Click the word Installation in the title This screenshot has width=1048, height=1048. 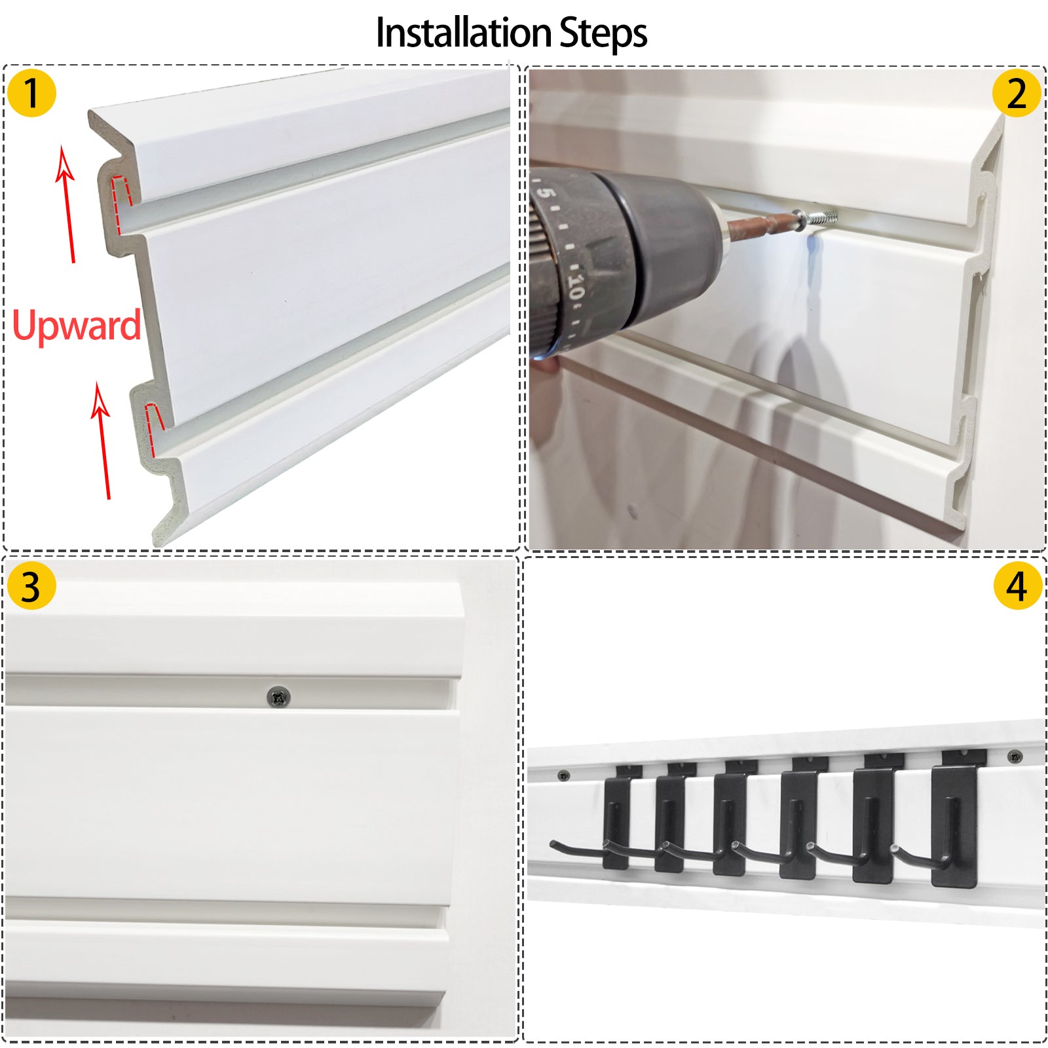tap(462, 33)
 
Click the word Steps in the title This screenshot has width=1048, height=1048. tap(603, 33)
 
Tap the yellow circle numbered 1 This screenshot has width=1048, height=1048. tap(31, 93)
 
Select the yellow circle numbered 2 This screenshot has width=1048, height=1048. tap(1016, 94)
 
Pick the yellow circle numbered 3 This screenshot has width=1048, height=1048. tap(31, 586)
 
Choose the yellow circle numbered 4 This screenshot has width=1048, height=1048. tap(1017, 586)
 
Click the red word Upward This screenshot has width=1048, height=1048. tap(77, 326)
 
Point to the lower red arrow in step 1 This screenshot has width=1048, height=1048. tap(103, 441)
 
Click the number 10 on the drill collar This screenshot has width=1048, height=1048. tap(576, 286)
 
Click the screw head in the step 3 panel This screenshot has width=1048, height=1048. tap(279, 696)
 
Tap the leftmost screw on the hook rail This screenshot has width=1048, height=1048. tap(563, 776)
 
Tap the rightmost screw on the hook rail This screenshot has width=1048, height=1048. tap(1014, 757)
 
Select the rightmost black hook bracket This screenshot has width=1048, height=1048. tap(956, 819)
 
